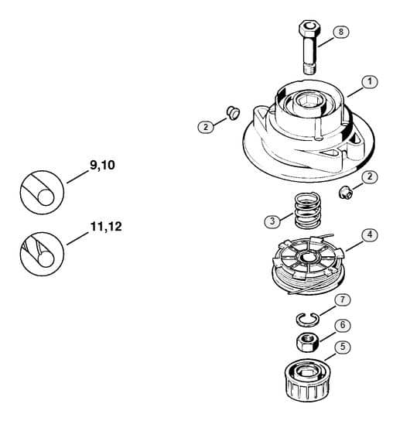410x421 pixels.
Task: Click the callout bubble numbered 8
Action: click(x=341, y=32)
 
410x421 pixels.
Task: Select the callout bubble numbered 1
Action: click(x=370, y=81)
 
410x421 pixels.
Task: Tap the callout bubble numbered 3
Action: click(x=272, y=221)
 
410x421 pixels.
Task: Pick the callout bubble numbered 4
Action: click(x=370, y=235)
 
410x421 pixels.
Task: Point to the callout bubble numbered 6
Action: click(x=343, y=325)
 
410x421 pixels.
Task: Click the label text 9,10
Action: click(x=102, y=165)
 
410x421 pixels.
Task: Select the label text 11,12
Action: click(x=106, y=227)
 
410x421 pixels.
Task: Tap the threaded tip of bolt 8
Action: click(x=310, y=70)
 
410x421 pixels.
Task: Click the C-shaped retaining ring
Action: click(x=308, y=320)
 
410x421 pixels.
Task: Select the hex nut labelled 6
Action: click(x=308, y=342)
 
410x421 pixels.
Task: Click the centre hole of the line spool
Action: click(x=306, y=258)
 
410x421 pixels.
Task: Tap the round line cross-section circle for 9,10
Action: click(x=42, y=192)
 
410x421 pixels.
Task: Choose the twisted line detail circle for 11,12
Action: click(x=42, y=254)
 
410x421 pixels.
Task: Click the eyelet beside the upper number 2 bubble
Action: click(x=233, y=112)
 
